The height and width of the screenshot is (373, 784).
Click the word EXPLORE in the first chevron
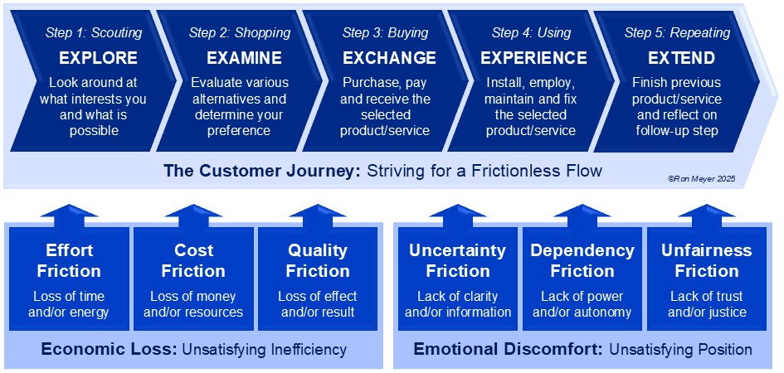98,58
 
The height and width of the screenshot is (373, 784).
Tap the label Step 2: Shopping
240,33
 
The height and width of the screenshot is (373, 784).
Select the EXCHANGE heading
389,58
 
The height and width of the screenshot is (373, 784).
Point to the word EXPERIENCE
534,58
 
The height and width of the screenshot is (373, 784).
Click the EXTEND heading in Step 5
681,58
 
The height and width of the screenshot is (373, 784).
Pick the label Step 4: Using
532,33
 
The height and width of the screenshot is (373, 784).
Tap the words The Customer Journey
262,172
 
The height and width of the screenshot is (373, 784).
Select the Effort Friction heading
69,260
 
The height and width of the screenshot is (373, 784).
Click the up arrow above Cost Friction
193,216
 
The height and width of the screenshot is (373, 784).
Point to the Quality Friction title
318,260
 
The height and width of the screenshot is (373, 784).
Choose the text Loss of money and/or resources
193,304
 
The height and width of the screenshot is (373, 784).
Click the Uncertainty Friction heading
457,260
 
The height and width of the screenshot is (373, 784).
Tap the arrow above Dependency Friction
582,216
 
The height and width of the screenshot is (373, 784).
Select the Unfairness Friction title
707,260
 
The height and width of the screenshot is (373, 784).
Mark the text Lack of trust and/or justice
707,304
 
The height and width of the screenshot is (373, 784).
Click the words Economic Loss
109,349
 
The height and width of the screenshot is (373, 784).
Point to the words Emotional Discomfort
508,349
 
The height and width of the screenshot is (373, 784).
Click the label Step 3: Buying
386,33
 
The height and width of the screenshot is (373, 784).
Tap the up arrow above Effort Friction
69,216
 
